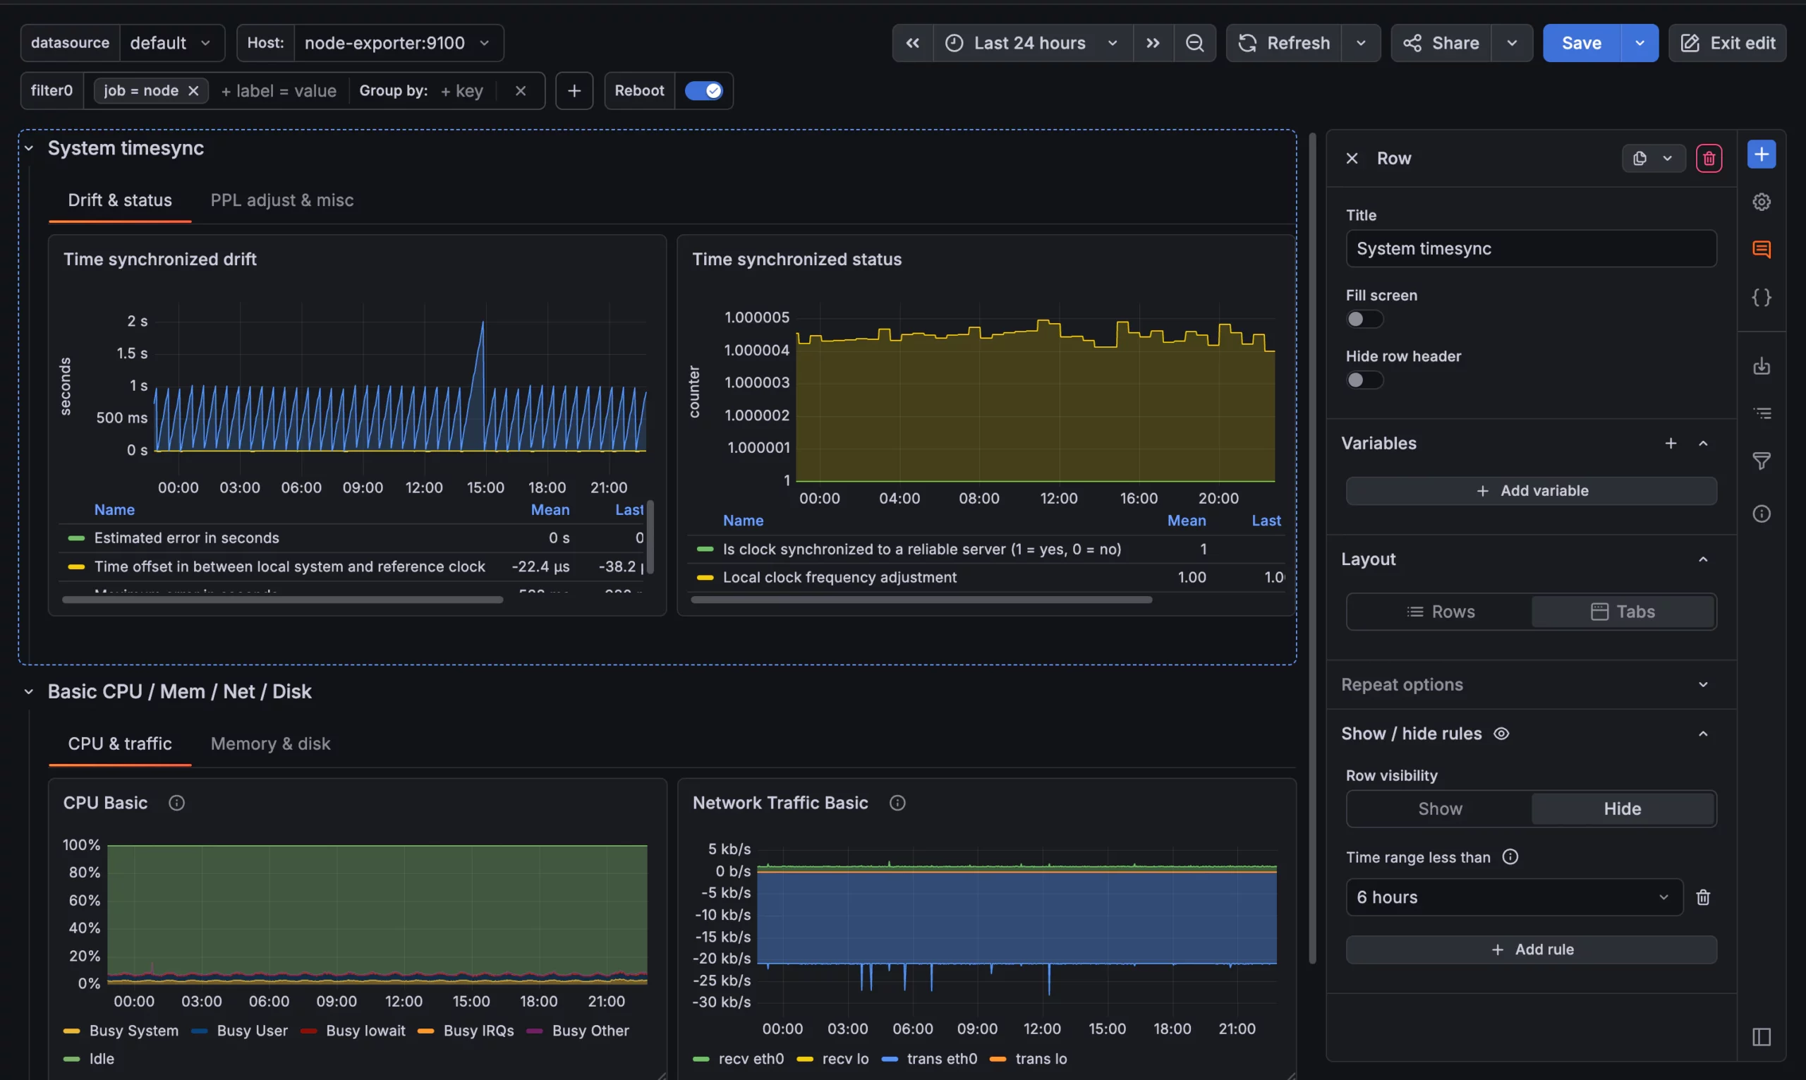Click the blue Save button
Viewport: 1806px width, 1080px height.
point(1580,43)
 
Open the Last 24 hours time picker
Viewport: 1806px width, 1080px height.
point(1029,43)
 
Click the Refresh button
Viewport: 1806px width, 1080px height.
point(1284,43)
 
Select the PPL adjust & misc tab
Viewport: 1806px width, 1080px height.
point(281,200)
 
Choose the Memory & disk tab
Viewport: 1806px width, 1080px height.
point(270,744)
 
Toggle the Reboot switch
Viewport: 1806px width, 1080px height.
point(703,91)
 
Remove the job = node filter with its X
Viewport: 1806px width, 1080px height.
point(193,91)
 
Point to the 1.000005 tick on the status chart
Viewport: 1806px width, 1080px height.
point(757,317)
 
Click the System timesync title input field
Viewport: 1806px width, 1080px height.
point(1530,249)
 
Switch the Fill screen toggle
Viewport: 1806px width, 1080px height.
point(1363,320)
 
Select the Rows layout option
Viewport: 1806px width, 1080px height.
point(1440,612)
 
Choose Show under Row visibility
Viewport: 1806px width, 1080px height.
point(1439,809)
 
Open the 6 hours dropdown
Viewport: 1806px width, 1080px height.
point(1513,897)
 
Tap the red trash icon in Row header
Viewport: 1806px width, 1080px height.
point(1708,159)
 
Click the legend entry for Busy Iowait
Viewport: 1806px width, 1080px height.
point(365,1031)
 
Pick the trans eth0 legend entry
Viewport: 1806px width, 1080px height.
point(941,1059)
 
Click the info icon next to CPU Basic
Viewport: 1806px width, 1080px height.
point(176,803)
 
